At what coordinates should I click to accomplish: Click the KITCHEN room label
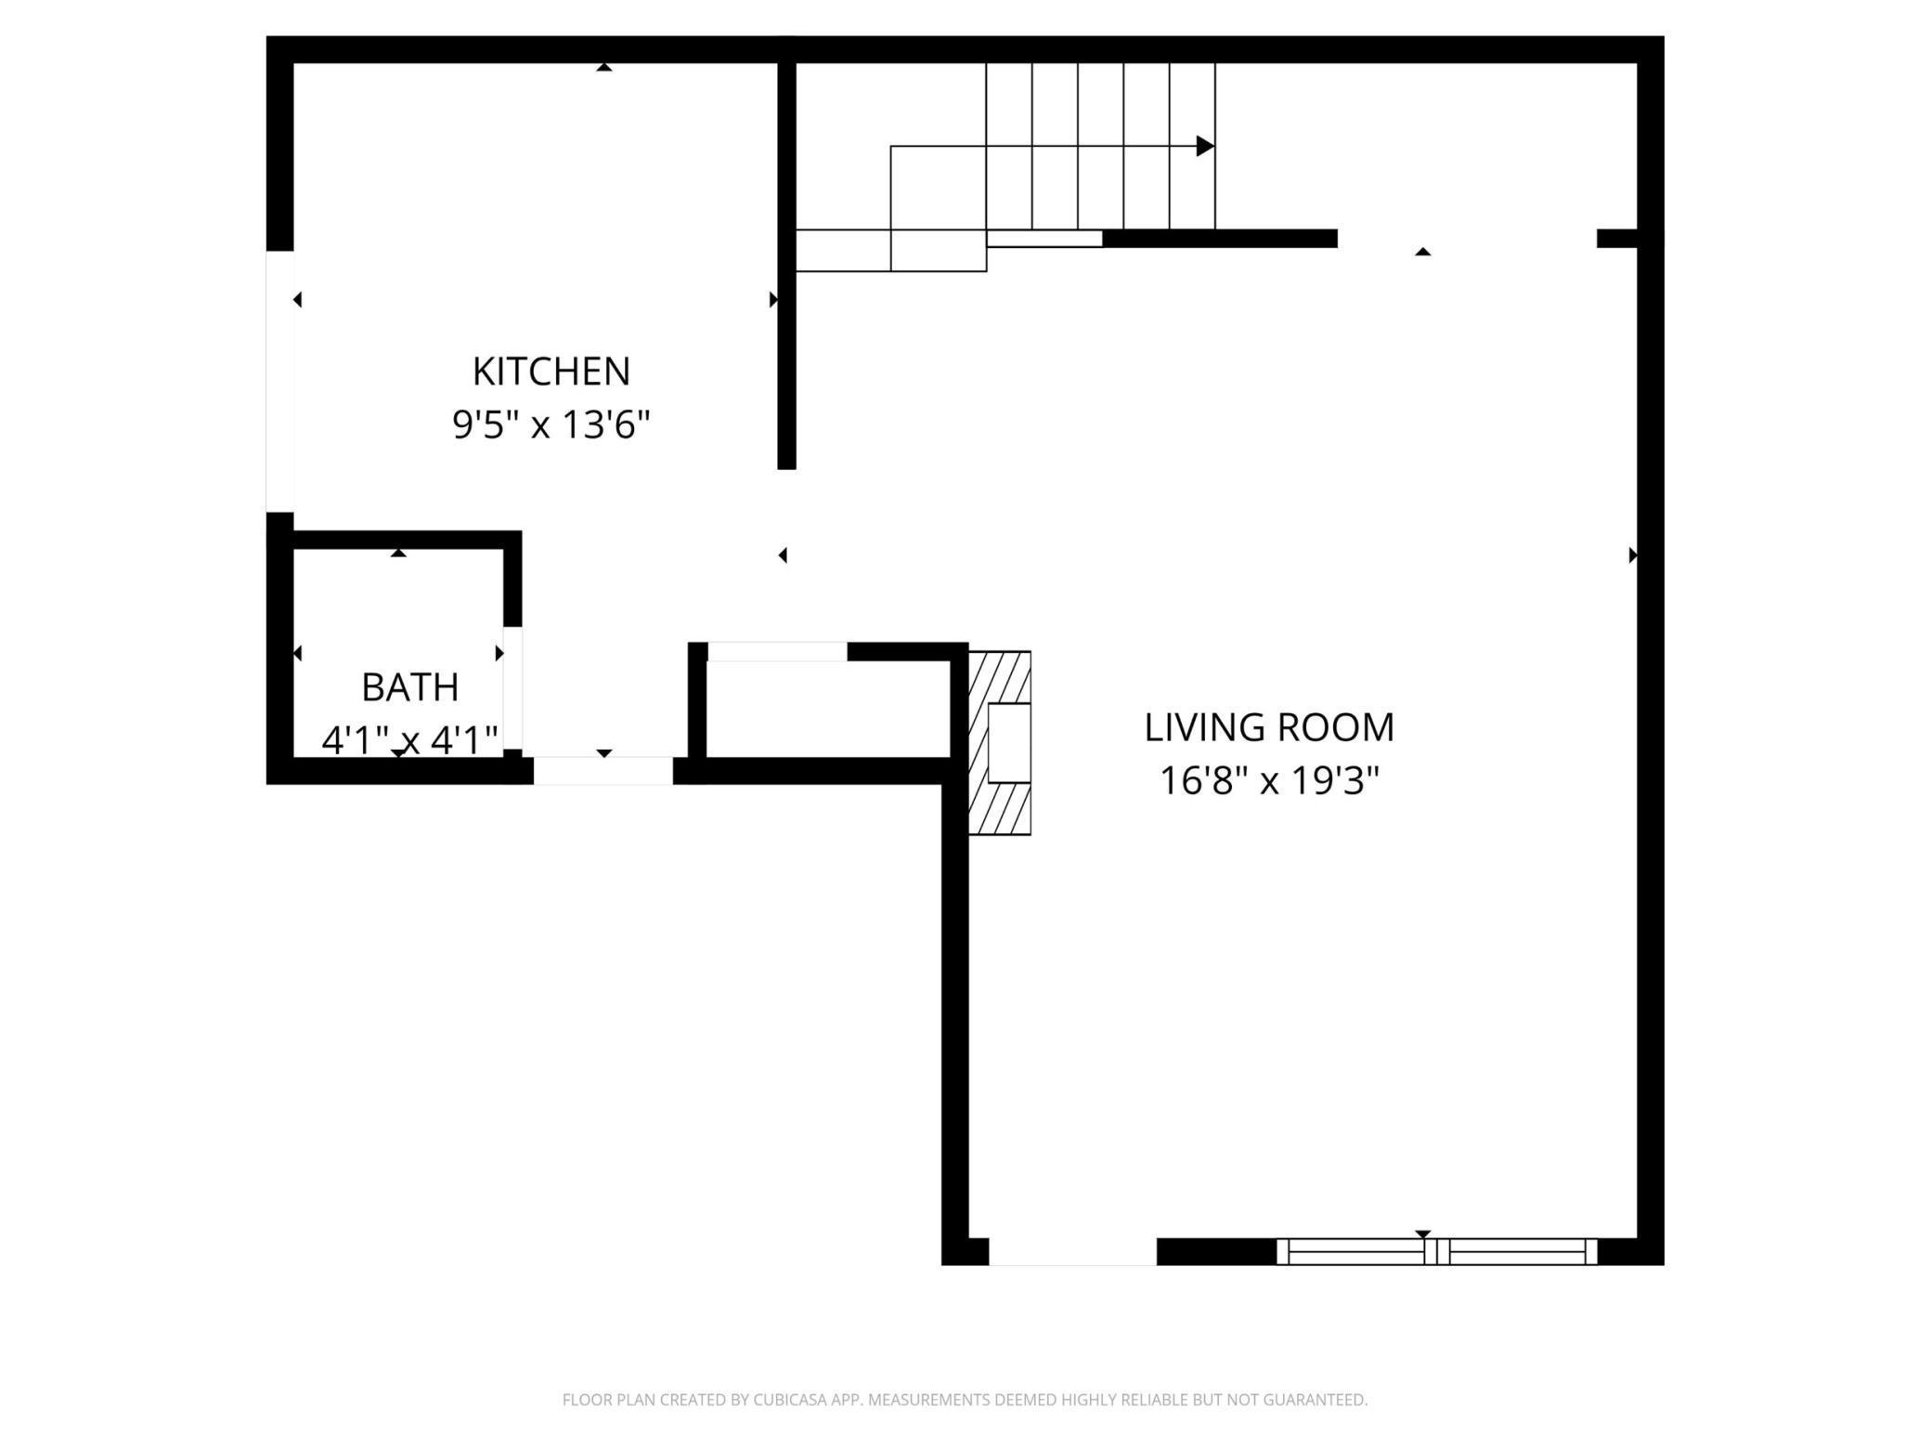click(551, 372)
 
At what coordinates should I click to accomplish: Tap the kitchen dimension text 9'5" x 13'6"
click(551, 425)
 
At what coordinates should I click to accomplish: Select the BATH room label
click(410, 687)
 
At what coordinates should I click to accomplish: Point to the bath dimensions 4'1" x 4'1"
click(410, 740)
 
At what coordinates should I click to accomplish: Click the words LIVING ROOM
click(1269, 727)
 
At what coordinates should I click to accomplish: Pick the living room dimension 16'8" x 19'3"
click(1269, 781)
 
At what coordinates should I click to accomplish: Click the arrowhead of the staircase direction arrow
click(1205, 146)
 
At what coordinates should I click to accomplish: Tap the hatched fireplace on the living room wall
click(1000, 742)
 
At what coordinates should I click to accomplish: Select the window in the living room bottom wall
click(1437, 1251)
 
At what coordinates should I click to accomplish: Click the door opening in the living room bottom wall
click(1072, 1251)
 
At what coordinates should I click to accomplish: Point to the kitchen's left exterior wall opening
click(280, 381)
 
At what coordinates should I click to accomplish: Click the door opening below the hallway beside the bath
click(603, 771)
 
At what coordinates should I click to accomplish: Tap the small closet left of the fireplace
click(828, 709)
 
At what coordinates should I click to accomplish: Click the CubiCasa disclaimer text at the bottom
click(965, 1400)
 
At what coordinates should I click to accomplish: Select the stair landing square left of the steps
click(938, 188)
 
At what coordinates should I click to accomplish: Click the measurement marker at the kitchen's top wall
click(604, 67)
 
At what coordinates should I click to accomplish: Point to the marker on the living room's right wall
click(1633, 555)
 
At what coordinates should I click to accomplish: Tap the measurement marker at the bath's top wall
click(398, 553)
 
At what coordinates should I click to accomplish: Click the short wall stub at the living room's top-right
click(1616, 238)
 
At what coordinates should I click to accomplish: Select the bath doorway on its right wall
click(512, 688)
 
